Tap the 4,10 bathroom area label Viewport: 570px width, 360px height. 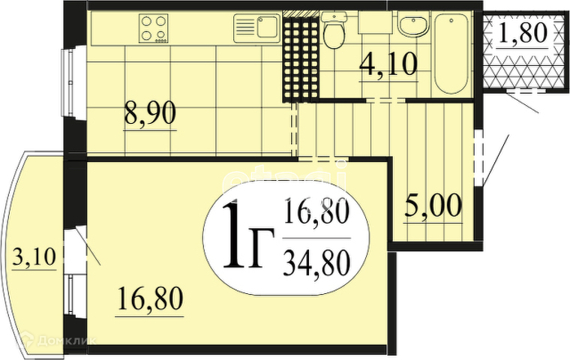(388, 65)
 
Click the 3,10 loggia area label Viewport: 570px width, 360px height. (34, 259)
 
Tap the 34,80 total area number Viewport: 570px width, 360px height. (316, 263)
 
